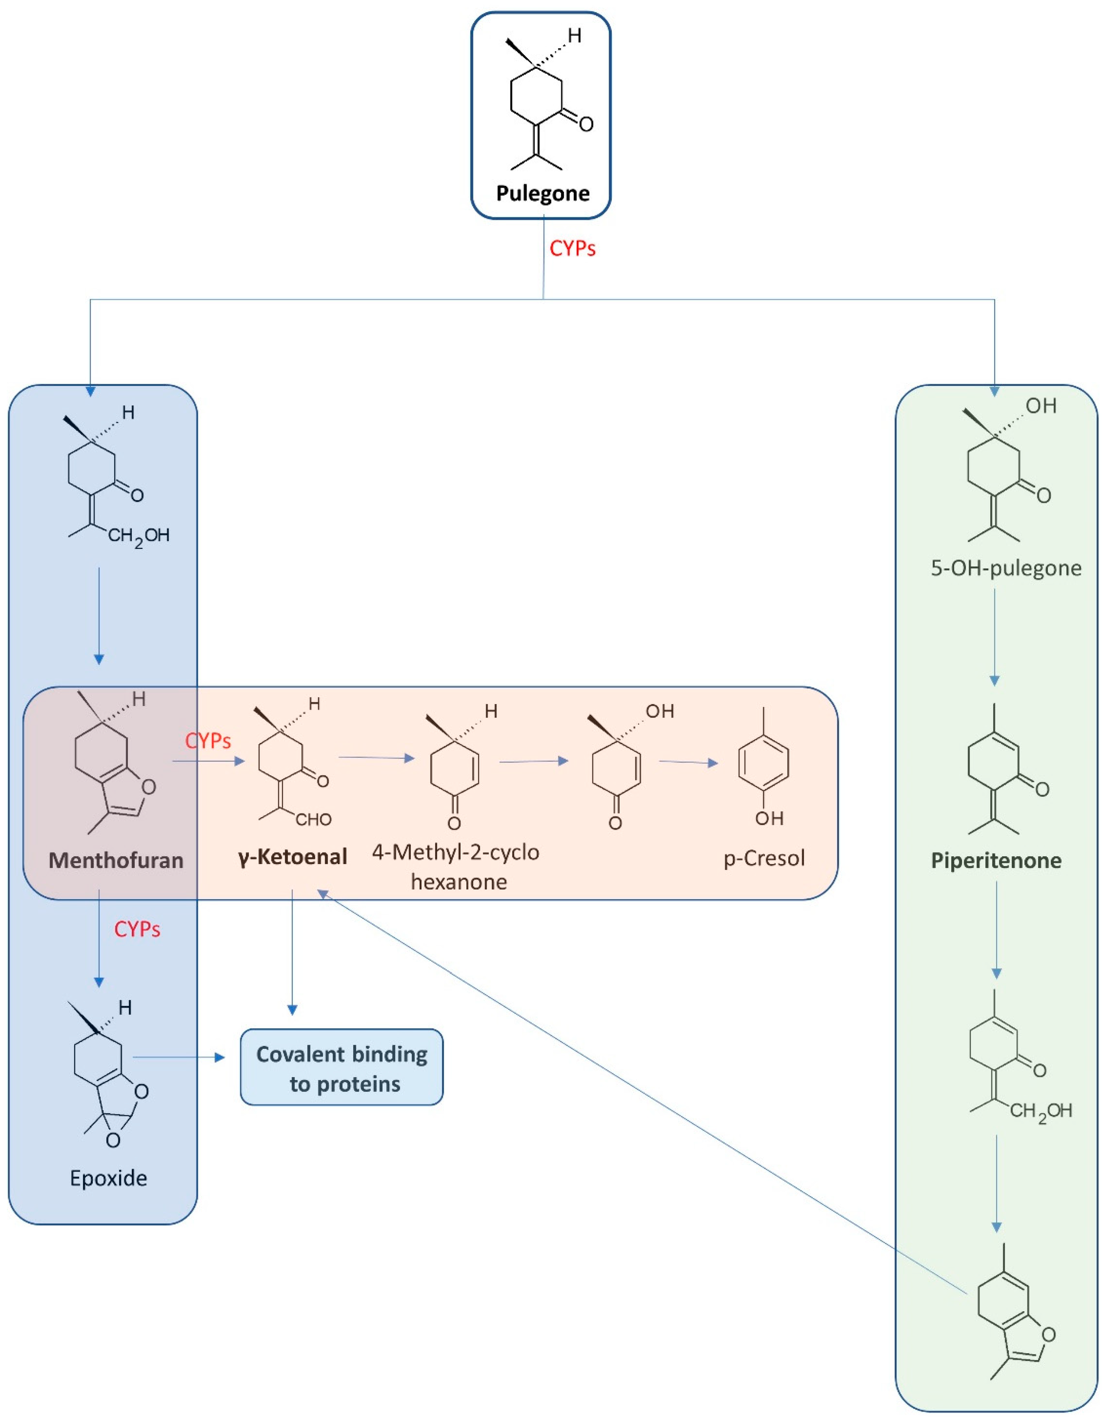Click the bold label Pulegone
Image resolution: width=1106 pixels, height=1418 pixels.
[542, 193]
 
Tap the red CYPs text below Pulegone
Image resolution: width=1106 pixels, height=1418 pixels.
[572, 248]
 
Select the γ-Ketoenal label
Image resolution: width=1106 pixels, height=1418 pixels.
[293, 857]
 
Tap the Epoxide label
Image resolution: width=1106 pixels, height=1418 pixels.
[109, 1178]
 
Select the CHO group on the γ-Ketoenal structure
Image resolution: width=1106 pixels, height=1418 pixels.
[314, 820]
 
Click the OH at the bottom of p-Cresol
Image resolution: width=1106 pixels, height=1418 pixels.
[769, 818]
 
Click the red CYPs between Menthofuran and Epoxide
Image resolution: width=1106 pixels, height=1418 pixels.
[137, 929]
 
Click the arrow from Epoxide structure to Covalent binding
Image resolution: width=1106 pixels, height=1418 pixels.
[179, 1058]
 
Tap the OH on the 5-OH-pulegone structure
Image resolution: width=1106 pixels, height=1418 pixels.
[1041, 406]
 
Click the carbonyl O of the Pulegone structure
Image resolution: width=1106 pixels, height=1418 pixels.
[586, 124]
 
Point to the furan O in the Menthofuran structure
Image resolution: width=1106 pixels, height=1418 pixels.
[149, 787]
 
